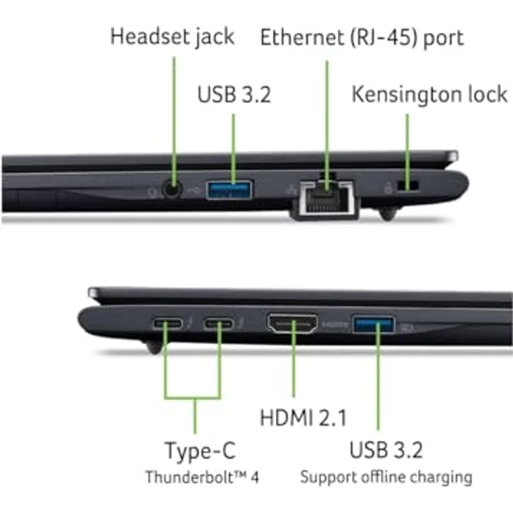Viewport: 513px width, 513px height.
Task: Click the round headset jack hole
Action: (x=172, y=189)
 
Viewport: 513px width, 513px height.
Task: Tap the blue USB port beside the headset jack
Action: (x=229, y=190)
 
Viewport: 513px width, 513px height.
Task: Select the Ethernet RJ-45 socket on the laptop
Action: (x=326, y=199)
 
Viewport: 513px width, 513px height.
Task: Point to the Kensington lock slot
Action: (x=408, y=185)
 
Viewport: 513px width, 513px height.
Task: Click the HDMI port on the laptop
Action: (x=293, y=323)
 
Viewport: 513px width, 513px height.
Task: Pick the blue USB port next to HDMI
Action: (x=374, y=325)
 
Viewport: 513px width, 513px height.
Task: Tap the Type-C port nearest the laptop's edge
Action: (x=167, y=324)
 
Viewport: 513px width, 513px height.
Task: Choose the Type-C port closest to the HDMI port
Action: (x=218, y=324)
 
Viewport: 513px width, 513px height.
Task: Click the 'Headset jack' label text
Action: (x=172, y=37)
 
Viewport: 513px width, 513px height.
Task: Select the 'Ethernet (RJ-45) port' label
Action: (x=362, y=38)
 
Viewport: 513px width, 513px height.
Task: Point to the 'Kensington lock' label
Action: (x=429, y=95)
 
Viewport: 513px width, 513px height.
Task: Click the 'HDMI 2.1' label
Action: (x=303, y=418)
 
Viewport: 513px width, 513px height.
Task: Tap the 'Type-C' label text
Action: (x=200, y=451)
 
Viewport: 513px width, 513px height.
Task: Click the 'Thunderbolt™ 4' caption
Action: (x=202, y=477)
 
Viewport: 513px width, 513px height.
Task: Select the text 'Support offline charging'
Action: (x=386, y=477)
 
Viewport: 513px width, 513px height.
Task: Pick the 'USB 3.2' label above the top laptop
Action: (x=234, y=95)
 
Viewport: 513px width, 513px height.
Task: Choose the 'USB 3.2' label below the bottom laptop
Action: (x=386, y=450)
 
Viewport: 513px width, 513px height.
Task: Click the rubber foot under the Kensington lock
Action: (x=388, y=213)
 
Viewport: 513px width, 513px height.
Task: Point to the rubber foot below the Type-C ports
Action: (x=153, y=347)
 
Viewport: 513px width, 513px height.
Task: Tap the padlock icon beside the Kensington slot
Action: (x=388, y=188)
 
